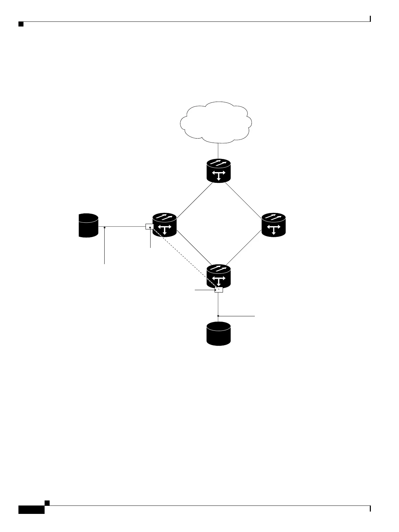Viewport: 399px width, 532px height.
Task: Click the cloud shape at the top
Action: (x=216, y=121)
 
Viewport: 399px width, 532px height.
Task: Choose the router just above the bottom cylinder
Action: (x=219, y=276)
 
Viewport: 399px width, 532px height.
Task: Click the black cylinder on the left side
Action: (x=88, y=225)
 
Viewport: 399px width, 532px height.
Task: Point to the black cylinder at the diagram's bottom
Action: (x=219, y=333)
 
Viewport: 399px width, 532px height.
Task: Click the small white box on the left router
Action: (x=149, y=227)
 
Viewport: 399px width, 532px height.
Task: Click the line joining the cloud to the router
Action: (x=218, y=150)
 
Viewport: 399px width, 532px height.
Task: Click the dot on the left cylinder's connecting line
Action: (x=105, y=227)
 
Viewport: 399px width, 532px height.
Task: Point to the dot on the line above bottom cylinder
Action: (x=218, y=316)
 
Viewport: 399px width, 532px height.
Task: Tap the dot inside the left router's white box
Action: (x=150, y=227)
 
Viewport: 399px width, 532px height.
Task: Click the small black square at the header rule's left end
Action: (x=21, y=24)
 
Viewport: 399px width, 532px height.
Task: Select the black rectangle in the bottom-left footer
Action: (x=31, y=510)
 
